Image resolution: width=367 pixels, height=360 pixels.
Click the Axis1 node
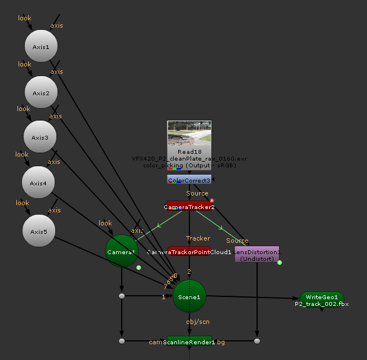[x=41, y=47]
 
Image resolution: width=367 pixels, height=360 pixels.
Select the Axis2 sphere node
[x=41, y=93]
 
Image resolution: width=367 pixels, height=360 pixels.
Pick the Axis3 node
[x=39, y=137]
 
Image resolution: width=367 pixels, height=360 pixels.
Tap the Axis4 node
[x=38, y=183]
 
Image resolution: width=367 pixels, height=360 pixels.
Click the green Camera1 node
[x=122, y=252]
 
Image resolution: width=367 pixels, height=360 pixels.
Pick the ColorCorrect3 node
[x=189, y=180]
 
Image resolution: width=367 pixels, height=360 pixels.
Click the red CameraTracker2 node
[x=189, y=206]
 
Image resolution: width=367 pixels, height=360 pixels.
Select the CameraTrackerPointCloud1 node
[x=189, y=251]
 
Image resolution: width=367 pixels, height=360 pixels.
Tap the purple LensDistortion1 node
[x=257, y=254]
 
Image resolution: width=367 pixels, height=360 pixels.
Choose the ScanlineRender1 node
[x=189, y=341]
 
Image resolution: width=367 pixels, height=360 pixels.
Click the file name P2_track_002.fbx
[x=322, y=304]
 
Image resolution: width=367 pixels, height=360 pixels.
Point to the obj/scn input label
[x=198, y=321]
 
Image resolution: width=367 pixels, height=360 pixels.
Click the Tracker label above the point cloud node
[x=198, y=238]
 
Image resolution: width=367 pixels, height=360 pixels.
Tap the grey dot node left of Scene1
[x=122, y=296]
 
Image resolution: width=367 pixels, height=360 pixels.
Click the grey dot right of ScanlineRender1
[x=257, y=341]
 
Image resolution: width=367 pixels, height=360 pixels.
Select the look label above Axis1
[x=25, y=18]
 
